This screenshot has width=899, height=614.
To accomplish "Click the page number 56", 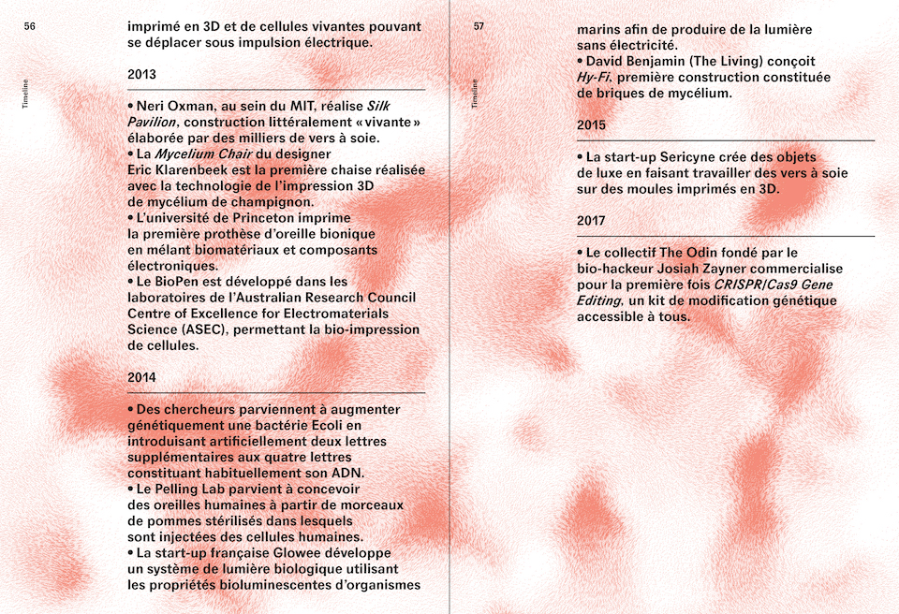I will (30, 27).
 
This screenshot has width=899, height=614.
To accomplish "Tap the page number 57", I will (479, 27).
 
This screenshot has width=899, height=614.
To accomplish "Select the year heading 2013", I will (142, 75).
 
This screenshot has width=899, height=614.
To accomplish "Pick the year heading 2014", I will (142, 378).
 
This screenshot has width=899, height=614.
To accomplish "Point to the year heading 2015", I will (591, 125).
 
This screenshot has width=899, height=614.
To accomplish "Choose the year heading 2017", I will (591, 221).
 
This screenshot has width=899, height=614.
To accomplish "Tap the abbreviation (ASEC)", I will (203, 329).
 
